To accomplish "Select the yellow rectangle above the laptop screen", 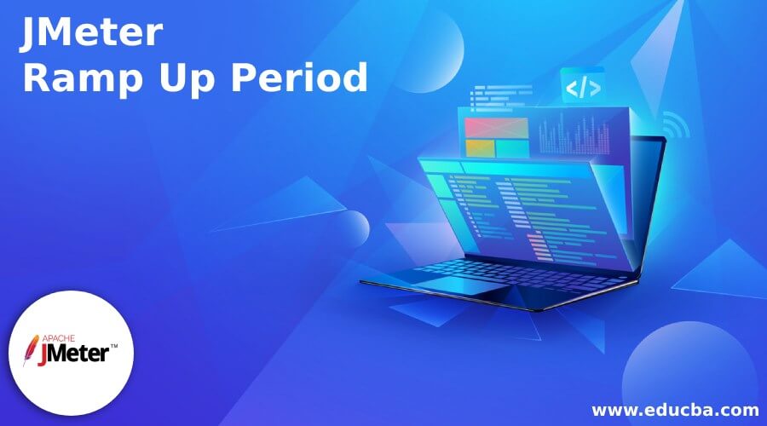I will (480, 148).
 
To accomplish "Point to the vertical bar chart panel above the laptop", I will (580, 136).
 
